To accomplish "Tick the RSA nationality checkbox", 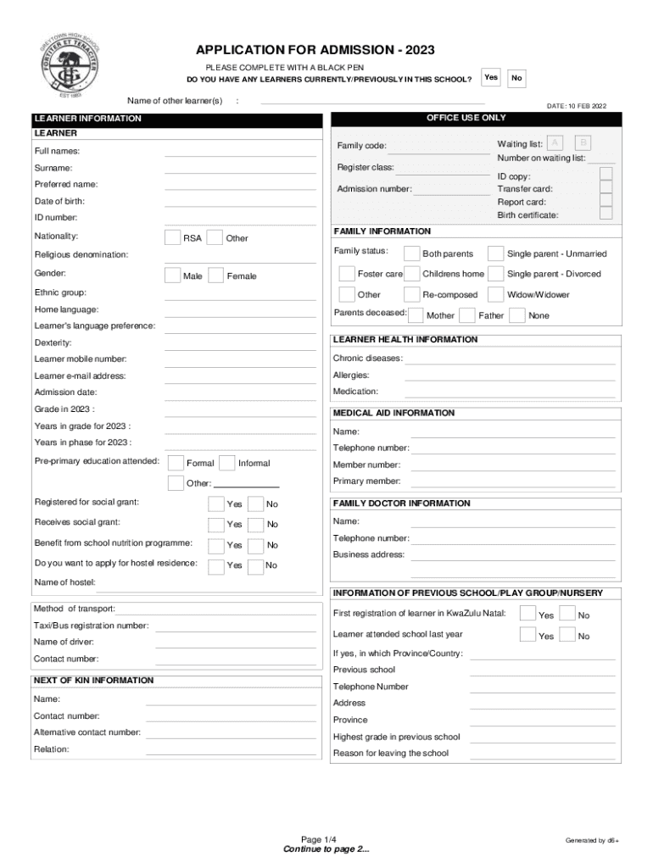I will click(172, 237).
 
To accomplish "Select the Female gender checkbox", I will click(215, 275).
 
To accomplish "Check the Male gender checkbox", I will click(172, 275).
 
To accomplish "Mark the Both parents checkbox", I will click(411, 253).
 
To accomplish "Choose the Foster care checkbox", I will click(347, 274).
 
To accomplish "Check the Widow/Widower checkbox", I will click(495, 294).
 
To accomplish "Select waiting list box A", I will click(555, 142).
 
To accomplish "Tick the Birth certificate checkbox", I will click(606, 214).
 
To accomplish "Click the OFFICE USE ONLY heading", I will click(466, 118).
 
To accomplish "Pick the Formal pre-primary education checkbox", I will click(176, 463).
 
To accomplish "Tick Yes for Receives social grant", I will click(216, 524).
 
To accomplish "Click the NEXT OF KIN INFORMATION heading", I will click(93, 681).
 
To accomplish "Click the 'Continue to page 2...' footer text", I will click(326, 849).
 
